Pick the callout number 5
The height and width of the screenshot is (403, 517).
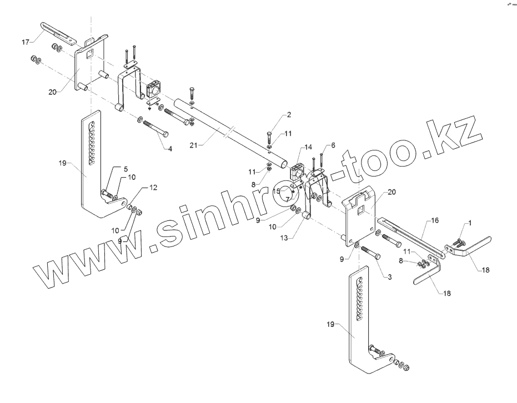coord(126,168)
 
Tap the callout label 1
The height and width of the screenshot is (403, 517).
coord(469,223)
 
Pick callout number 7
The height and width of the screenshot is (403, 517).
coord(288,199)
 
